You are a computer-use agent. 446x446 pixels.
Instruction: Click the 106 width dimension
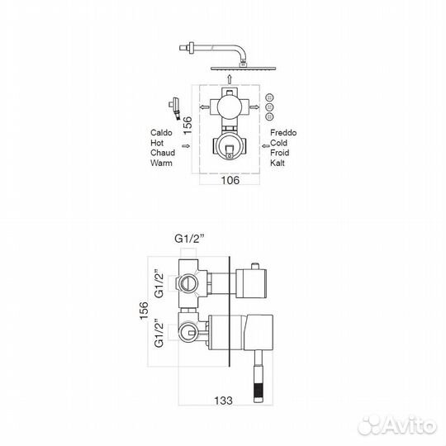[230, 180]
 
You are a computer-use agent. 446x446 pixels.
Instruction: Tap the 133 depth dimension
[223, 401]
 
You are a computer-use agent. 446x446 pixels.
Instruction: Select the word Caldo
[161, 132]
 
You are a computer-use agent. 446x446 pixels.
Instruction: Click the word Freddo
[283, 132]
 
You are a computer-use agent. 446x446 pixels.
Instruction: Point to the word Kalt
[278, 163]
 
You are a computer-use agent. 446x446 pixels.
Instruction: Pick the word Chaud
[163, 153]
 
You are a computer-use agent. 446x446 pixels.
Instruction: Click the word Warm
[161, 163]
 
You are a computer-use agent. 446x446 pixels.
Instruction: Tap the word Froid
[280, 153]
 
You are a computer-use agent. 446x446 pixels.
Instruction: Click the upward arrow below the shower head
[230, 79]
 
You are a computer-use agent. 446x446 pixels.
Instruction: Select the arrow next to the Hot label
[186, 146]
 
